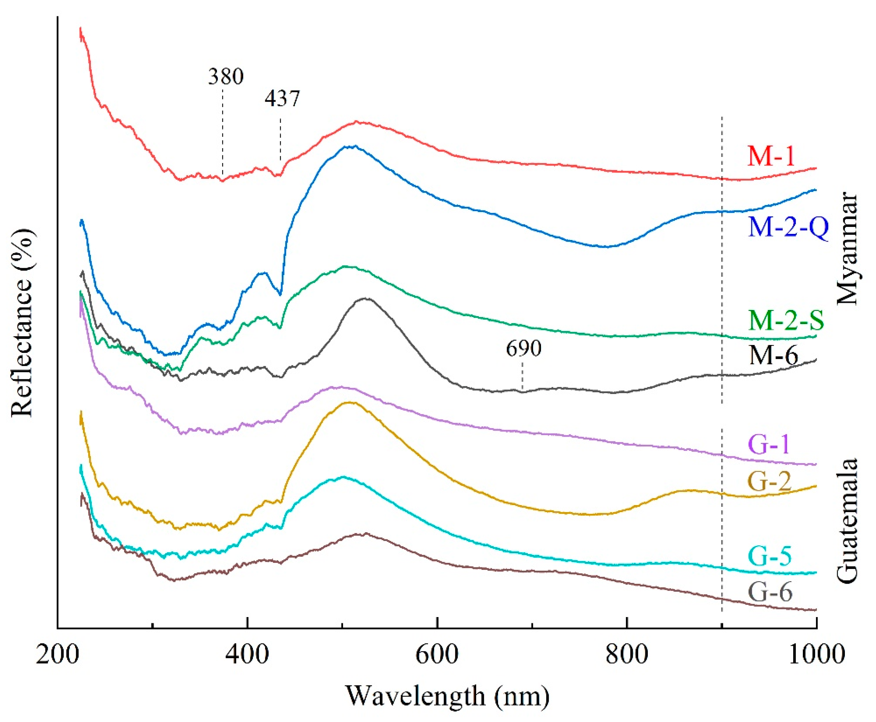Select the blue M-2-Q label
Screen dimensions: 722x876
point(788,228)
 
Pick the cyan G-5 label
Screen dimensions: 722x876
point(770,556)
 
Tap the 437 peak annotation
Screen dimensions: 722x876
point(282,99)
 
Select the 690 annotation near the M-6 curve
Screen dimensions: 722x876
point(524,348)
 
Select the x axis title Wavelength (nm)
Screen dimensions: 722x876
point(447,696)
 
